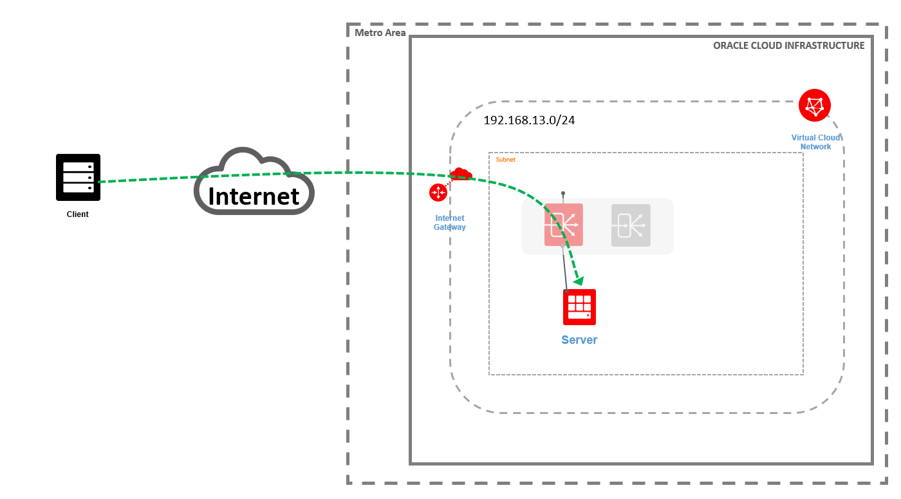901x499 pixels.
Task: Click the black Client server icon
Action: (x=78, y=177)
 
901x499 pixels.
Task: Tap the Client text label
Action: (x=78, y=214)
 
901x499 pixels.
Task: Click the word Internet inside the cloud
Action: (x=254, y=196)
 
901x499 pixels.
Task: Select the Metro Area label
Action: (x=380, y=33)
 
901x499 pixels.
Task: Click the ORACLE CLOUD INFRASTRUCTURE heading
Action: (x=788, y=46)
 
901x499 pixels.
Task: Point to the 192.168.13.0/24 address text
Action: (x=529, y=120)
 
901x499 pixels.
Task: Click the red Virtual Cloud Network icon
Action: (x=814, y=105)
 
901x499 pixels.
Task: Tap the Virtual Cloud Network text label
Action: (x=815, y=142)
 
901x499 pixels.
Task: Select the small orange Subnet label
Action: (x=505, y=160)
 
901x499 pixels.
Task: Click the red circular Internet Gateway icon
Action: (x=438, y=193)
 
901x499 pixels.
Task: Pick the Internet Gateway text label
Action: (x=449, y=223)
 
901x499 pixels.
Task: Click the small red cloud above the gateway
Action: (x=461, y=174)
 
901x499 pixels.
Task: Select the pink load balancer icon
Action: (x=563, y=225)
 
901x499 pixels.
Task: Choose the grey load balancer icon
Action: (x=631, y=225)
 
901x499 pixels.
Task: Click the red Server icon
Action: (x=579, y=307)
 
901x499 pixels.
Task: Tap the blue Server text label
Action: (x=579, y=340)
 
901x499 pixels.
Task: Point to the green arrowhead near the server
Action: (x=579, y=281)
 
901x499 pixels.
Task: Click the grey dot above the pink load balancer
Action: (x=563, y=193)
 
